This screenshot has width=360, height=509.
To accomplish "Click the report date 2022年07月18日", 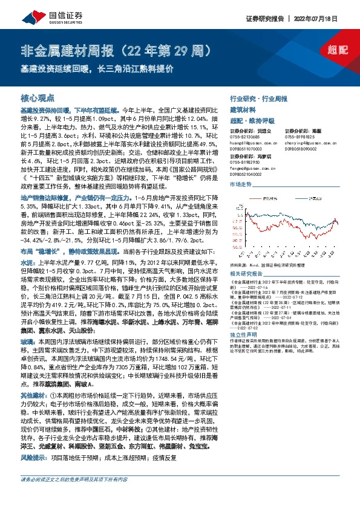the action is [x=327, y=19].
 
